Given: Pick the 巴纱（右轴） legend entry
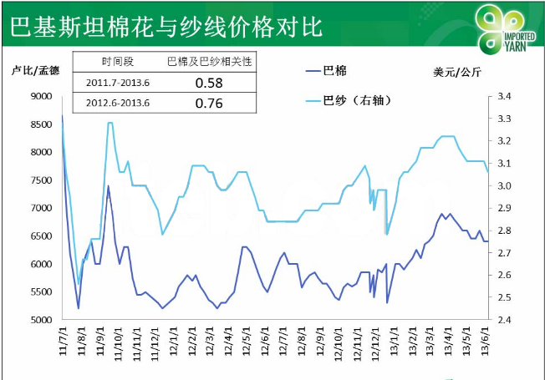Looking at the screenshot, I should [x=350, y=101].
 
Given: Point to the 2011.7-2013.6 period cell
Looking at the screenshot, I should [x=118, y=83].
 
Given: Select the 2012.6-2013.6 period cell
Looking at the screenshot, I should [x=118, y=104].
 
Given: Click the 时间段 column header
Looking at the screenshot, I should [x=118, y=62].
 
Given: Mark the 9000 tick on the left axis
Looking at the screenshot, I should [x=40, y=97].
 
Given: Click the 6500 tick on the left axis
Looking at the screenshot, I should [x=40, y=236].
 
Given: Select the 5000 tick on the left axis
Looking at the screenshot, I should [x=40, y=320].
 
